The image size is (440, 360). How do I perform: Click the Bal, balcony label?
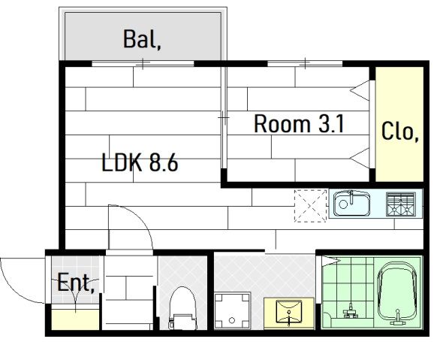[x=142, y=39]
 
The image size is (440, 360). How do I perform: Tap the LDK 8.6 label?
[x=140, y=163]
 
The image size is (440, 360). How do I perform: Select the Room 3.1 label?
[x=299, y=123]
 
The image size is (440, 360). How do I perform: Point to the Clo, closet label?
[x=400, y=131]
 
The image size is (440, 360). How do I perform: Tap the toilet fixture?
[x=182, y=308]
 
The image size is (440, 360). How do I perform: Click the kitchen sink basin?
[x=351, y=204]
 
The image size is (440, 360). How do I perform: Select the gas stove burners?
[x=401, y=204]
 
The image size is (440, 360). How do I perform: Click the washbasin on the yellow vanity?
[x=289, y=312]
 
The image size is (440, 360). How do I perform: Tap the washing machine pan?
[x=232, y=310]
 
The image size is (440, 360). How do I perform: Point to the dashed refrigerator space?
[x=310, y=206]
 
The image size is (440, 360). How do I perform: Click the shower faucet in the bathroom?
[x=351, y=312]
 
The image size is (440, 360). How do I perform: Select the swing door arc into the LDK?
[x=140, y=218]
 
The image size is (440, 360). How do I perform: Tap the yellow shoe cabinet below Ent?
[x=75, y=319]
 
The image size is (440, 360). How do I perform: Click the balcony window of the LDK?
[x=143, y=63]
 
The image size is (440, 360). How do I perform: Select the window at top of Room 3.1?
[x=305, y=63]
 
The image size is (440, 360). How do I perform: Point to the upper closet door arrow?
[x=360, y=90]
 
